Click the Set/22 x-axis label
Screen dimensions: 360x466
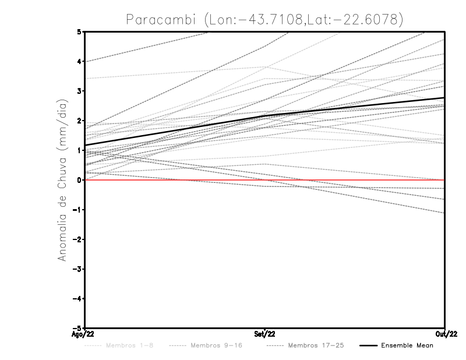tap(265, 334)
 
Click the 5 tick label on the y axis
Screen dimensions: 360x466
tap(79, 31)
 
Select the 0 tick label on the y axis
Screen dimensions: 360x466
tap(79, 180)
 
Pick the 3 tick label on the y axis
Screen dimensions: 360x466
tap(79, 91)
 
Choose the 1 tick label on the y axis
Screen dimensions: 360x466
tap(79, 150)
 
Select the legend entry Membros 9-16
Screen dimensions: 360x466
tap(216, 345)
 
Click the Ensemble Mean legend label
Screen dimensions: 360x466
tap(407, 345)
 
